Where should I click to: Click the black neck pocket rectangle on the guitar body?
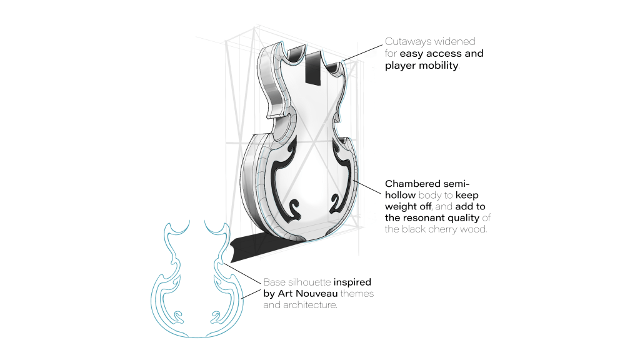click(313, 67)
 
